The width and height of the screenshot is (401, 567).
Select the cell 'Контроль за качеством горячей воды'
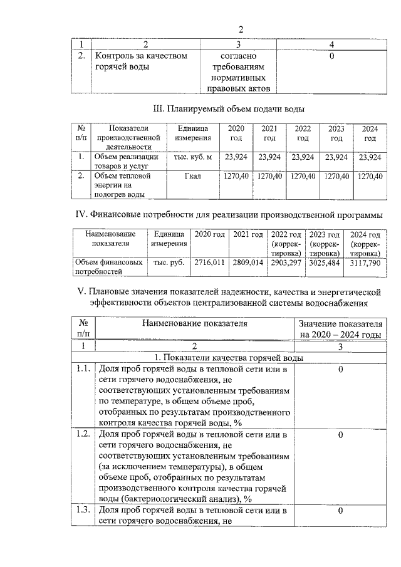tap(141, 61)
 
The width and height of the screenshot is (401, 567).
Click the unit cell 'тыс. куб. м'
tap(193, 157)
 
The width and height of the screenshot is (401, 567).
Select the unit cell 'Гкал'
tap(193, 177)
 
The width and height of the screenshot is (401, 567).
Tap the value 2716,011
tap(209, 263)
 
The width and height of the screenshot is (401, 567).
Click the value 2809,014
tap(248, 263)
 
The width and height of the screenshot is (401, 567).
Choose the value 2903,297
tap(287, 263)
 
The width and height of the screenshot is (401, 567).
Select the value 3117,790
tap(365, 263)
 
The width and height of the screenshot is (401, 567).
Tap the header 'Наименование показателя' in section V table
tap(195, 324)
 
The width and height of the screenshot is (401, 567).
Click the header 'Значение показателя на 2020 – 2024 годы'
tap(340, 330)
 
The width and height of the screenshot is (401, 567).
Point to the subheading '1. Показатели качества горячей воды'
tap(229, 358)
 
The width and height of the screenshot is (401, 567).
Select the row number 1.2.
tap(83, 434)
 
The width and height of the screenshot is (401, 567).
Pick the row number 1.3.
tap(83, 511)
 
